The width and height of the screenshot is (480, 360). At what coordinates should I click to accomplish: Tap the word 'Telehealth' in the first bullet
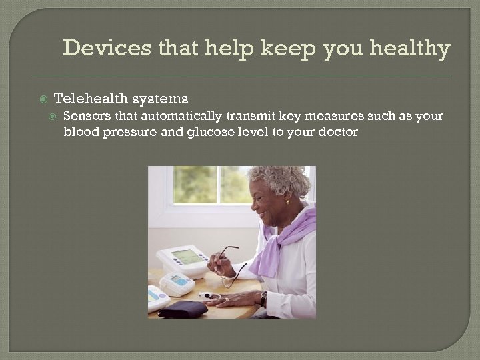[91, 99]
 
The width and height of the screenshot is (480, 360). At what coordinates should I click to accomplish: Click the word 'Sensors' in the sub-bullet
[85, 116]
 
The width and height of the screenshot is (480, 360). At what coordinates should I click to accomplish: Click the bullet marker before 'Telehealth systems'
[44, 99]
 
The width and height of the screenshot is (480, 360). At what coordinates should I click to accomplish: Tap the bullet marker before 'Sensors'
[55, 117]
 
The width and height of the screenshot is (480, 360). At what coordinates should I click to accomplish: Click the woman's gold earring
[287, 203]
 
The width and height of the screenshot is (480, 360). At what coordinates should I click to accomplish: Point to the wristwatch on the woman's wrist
[264, 298]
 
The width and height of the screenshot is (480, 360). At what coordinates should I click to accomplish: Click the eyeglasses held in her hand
[227, 257]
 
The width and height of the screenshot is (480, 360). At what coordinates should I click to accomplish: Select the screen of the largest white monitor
[187, 257]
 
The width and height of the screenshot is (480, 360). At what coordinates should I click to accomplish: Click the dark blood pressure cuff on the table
[182, 309]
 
